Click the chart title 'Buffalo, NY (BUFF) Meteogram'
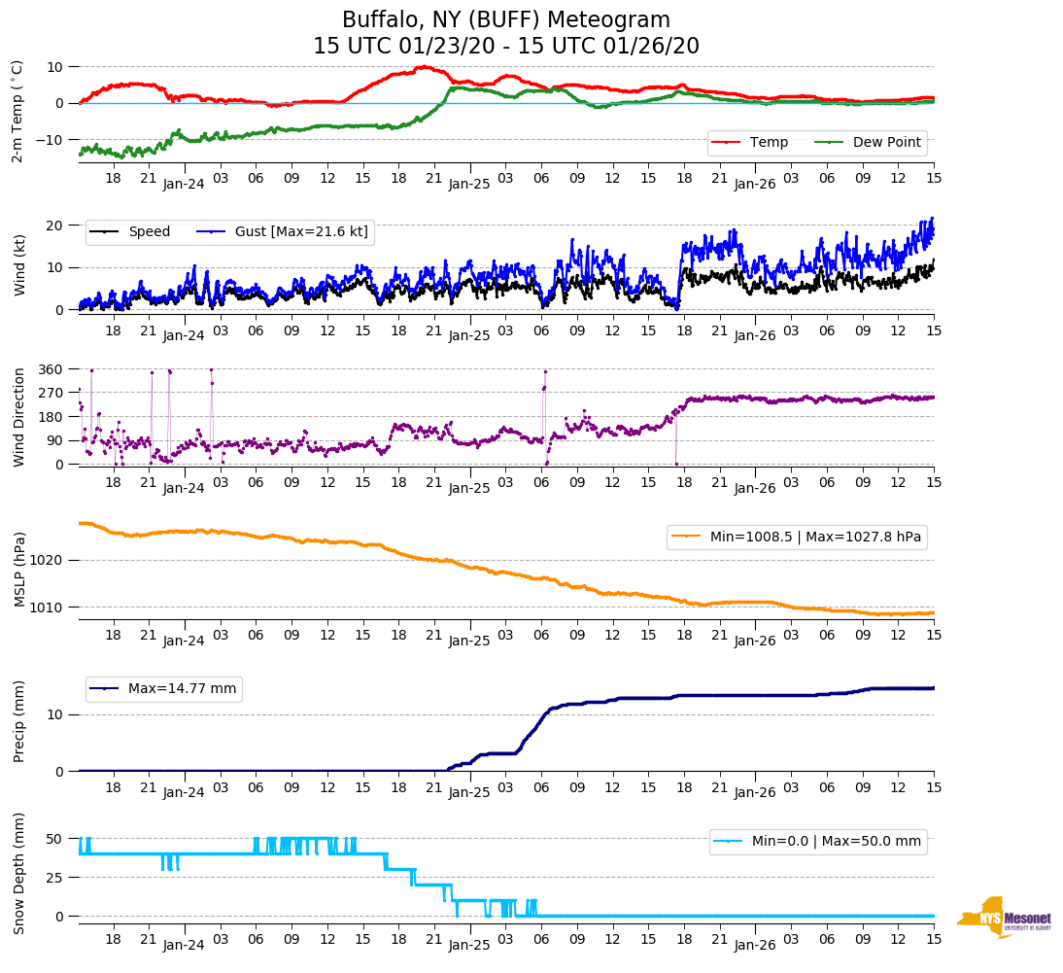(505, 20)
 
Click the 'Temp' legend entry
(769, 143)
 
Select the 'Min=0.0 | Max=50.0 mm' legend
(836, 842)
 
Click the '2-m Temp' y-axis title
(17, 111)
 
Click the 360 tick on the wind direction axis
(51, 369)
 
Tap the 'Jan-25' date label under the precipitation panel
(469, 792)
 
